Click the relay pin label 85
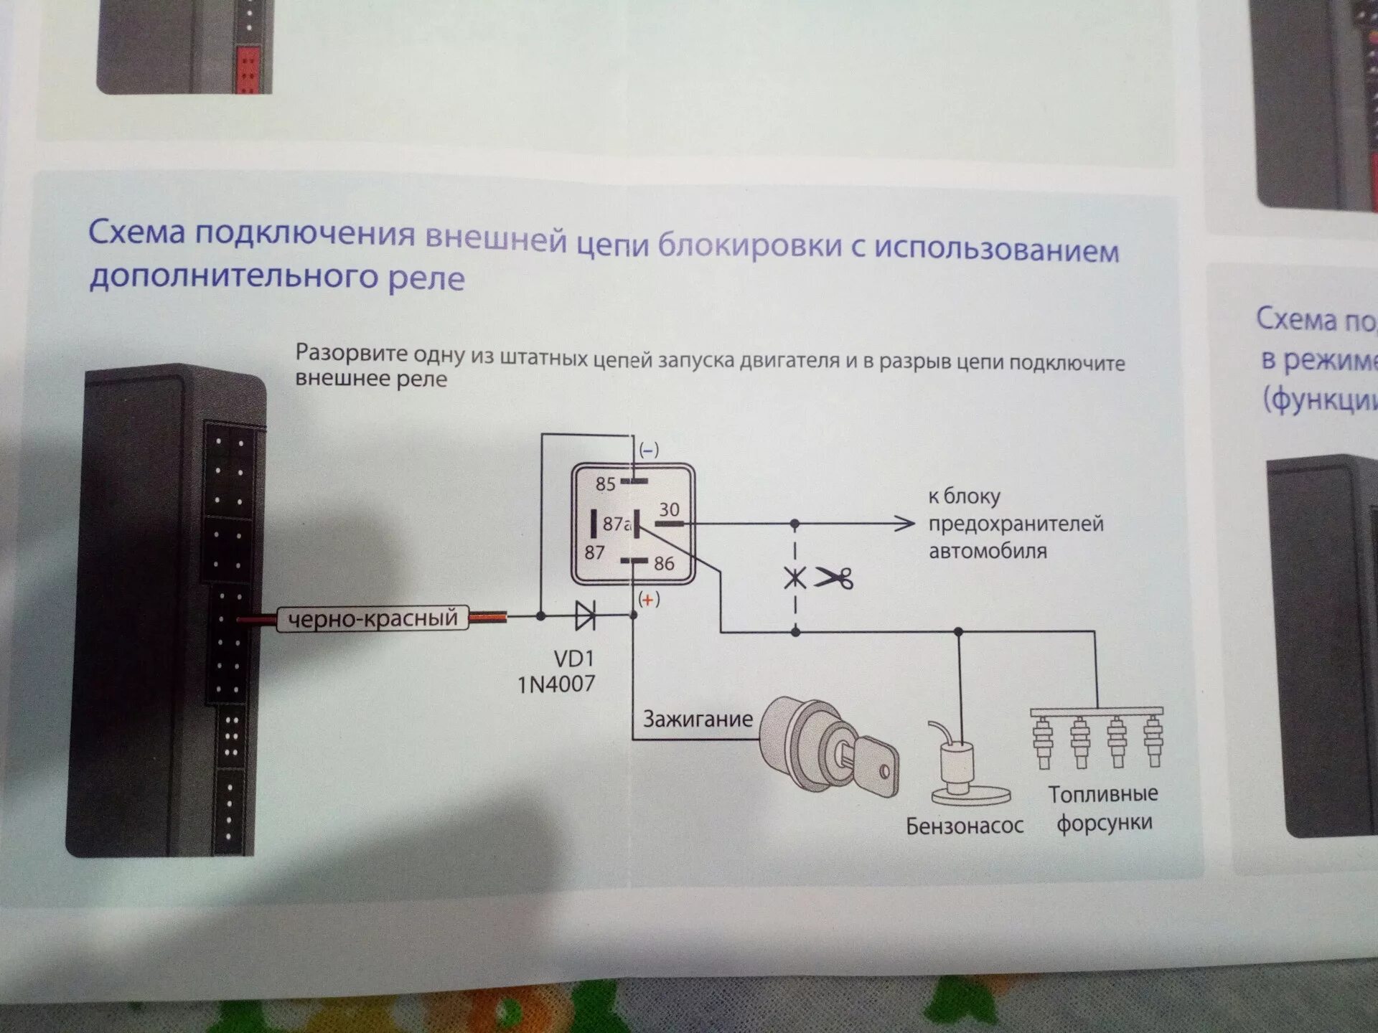[x=606, y=484]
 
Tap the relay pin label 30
[x=669, y=509]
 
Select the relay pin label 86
[x=664, y=564]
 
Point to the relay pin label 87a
[x=617, y=524]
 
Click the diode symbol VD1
[x=585, y=615]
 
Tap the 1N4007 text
[x=556, y=684]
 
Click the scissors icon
[x=834, y=577]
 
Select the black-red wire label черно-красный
[x=372, y=618]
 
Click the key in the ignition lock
[x=872, y=763]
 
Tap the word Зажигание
[x=698, y=719]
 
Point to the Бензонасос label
[x=964, y=826]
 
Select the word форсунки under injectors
[x=1104, y=823]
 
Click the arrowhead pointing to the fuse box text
[x=906, y=524]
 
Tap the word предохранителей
[x=1016, y=524]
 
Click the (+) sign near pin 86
[x=648, y=600]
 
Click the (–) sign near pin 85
[x=648, y=450]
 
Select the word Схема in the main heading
[x=136, y=232]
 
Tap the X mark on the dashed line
[x=795, y=577]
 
